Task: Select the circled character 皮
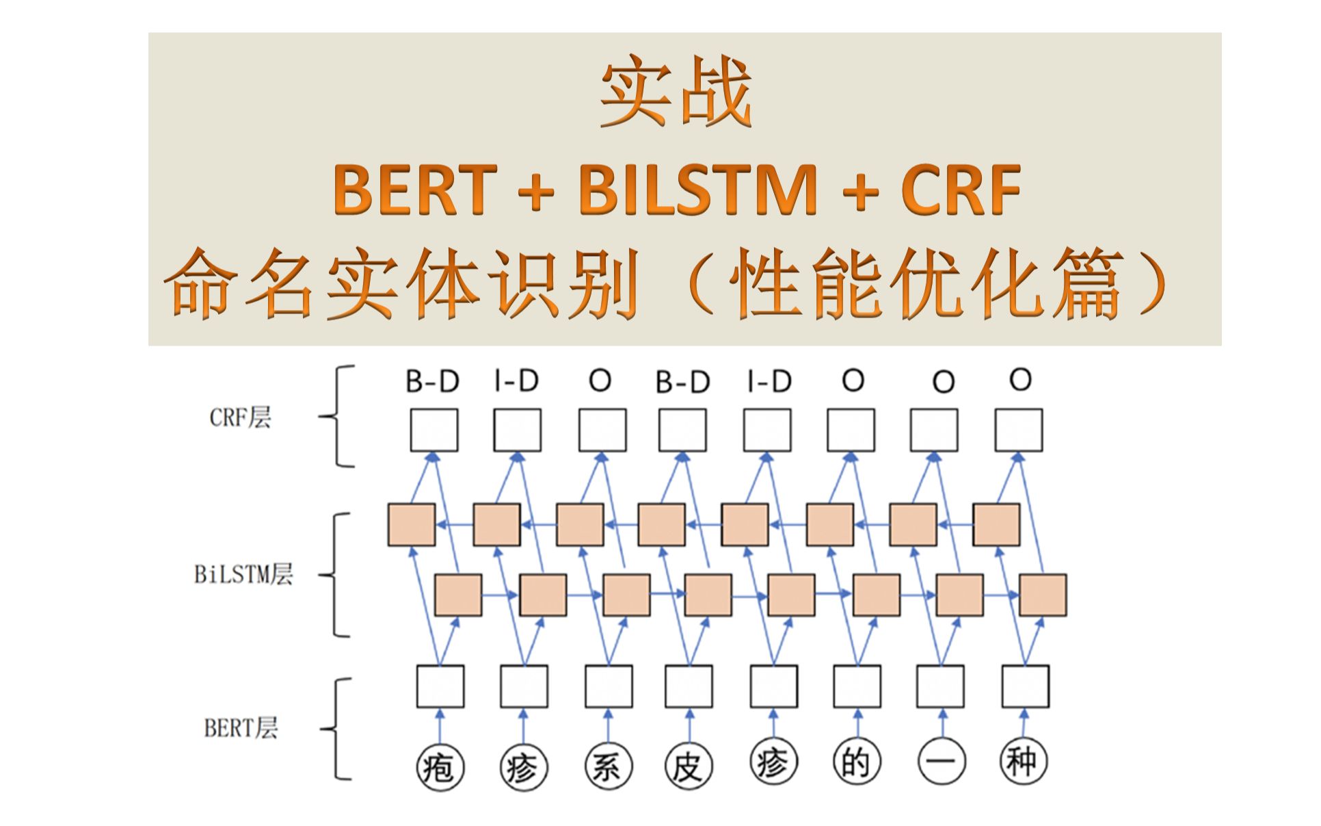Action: click(x=688, y=766)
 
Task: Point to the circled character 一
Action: click(x=941, y=762)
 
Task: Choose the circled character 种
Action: click(x=1024, y=761)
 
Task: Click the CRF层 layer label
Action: click(x=240, y=417)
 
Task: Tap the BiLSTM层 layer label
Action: click(x=244, y=573)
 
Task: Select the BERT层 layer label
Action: click(x=241, y=727)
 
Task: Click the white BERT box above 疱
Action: click(x=440, y=686)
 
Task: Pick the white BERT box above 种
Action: click(x=1025, y=686)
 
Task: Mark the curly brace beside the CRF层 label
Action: click(x=337, y=416)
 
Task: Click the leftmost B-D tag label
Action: click(x=432, y=381)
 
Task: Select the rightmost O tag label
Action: click(x=1020, y=379)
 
